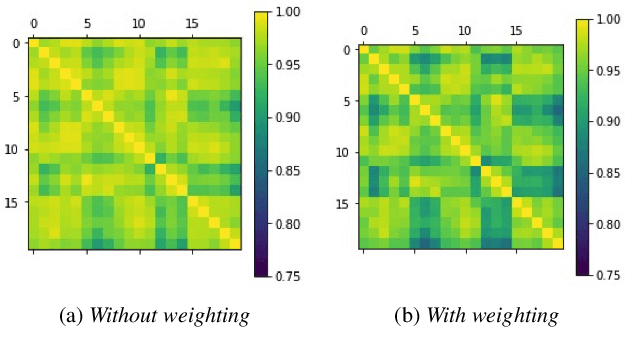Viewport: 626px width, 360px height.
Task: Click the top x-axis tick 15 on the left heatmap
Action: [191, 22]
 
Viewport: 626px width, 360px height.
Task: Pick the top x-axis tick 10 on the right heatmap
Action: [464, 30]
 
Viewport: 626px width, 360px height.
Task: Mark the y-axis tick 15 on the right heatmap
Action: [341, 204]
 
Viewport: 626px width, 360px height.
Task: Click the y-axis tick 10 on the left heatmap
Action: [11, 150]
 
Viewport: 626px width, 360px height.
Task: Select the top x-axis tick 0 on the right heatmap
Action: [363, 30]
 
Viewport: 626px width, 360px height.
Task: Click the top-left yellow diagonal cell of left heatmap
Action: [33, 43]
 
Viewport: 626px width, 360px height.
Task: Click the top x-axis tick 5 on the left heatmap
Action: [86, 22]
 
